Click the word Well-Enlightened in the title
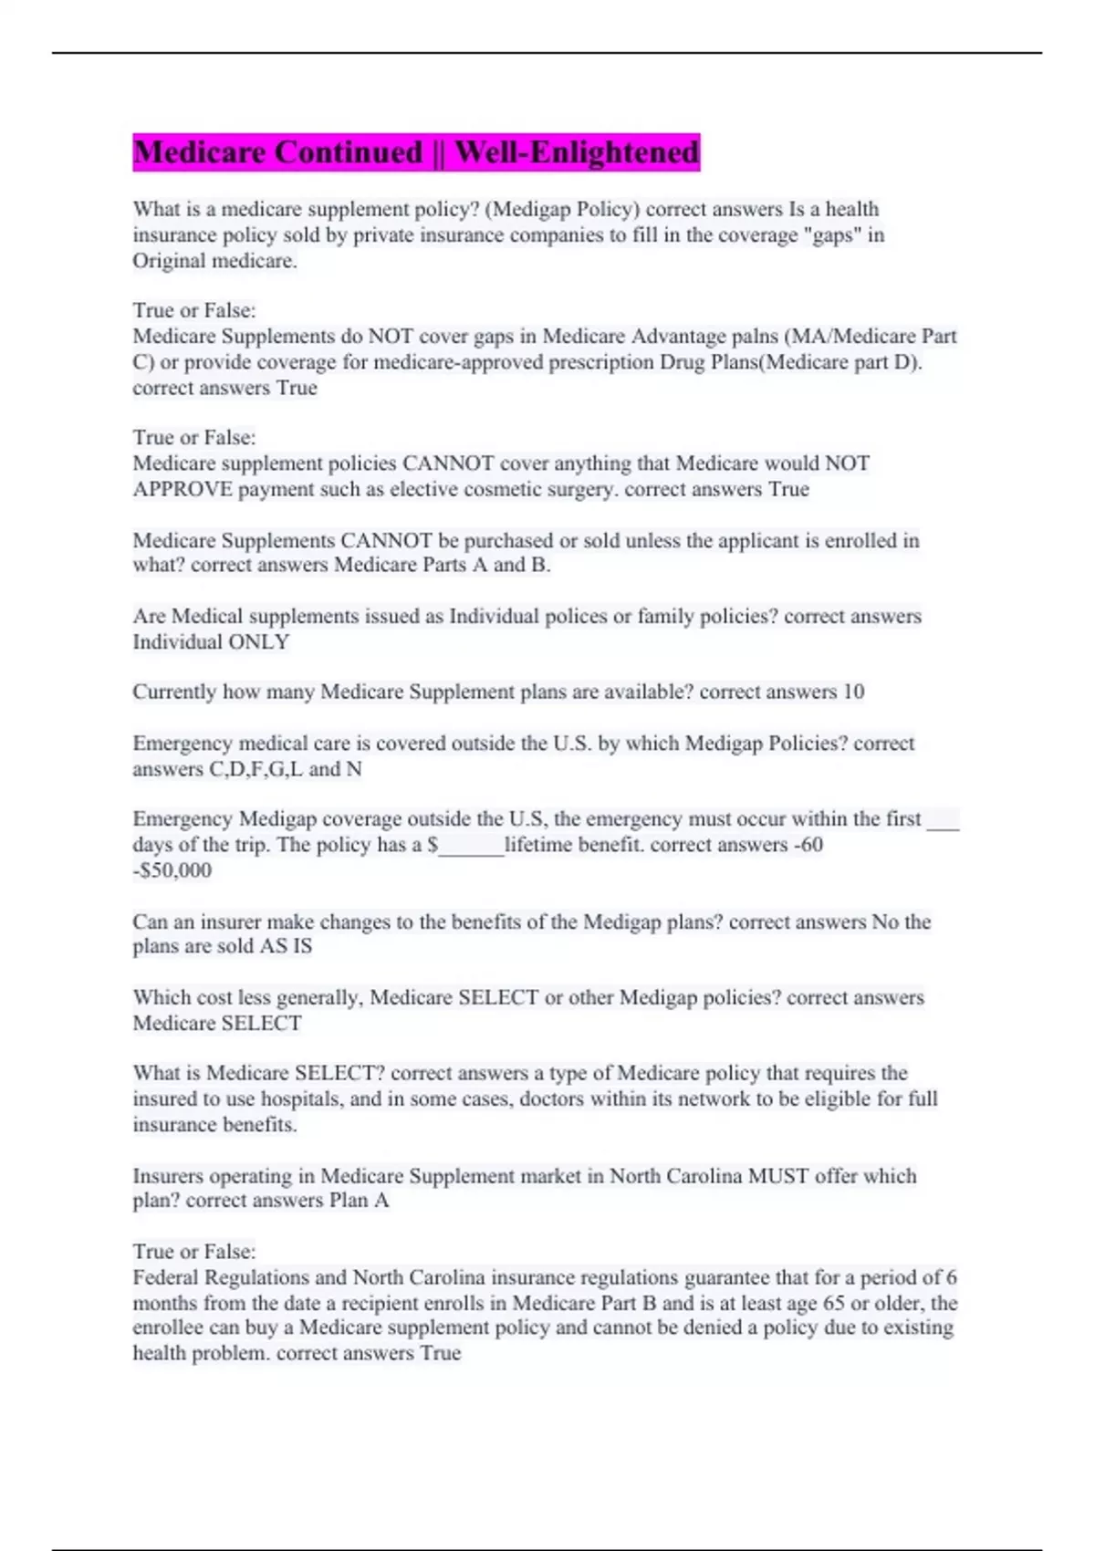(x=577, y=151)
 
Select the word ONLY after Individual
(x=259, y=642)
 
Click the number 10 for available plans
(x=853, y=692)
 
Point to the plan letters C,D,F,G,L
(x=256, y=769)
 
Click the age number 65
(x=834, y=1303)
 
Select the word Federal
(x=165, y=1277)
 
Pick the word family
(x=670, y=617)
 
